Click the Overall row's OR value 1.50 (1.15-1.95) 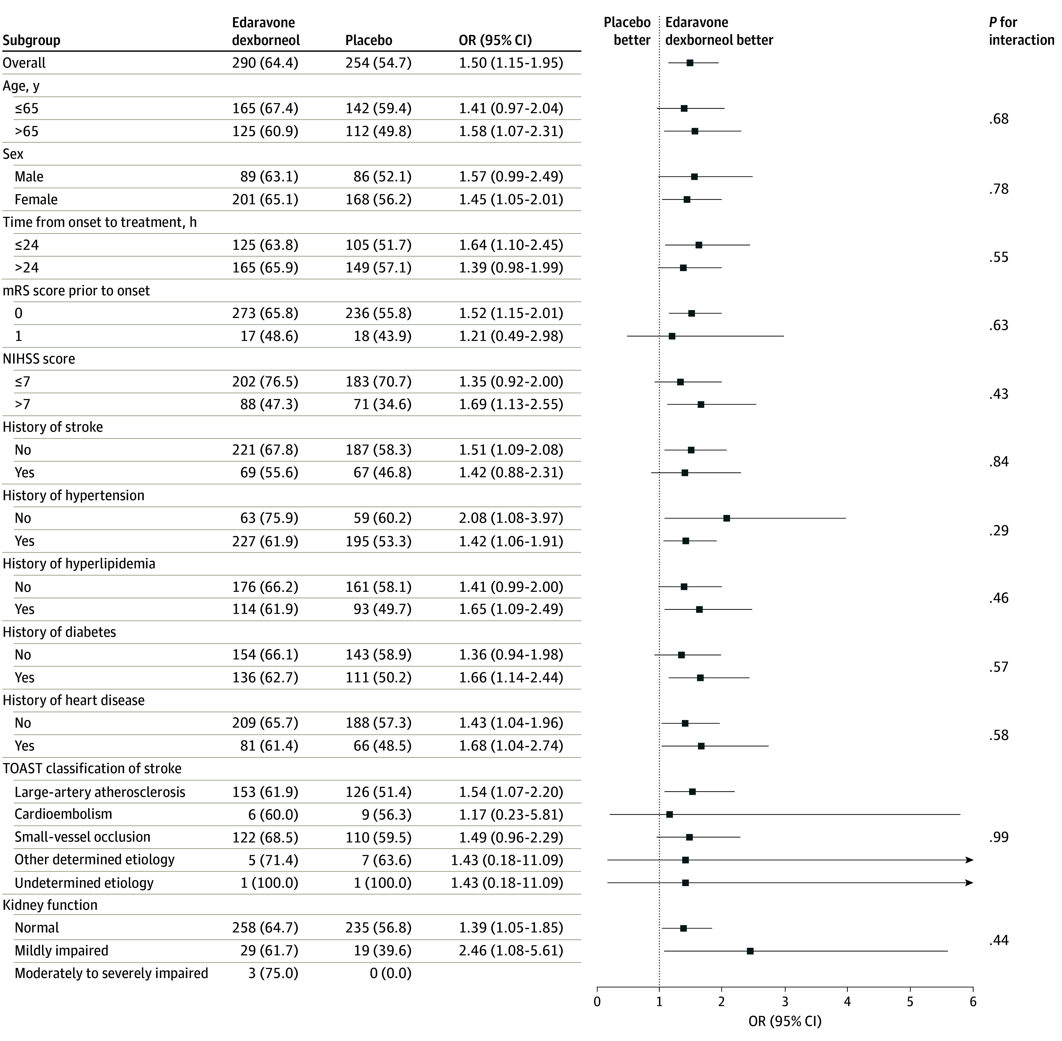511,63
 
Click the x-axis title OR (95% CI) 784,1021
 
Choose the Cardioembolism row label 64,814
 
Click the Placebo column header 369,40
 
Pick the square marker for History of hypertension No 727,518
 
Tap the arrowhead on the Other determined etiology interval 969,860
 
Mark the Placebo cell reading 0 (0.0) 391,973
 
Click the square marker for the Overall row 690,63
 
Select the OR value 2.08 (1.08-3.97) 511,518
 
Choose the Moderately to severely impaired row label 112,973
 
